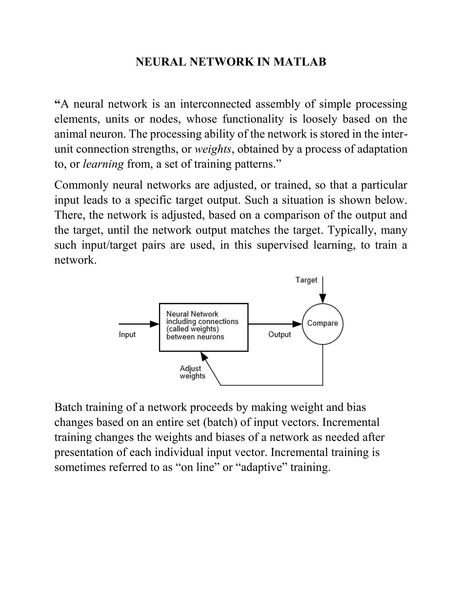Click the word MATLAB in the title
(x=300, y=62)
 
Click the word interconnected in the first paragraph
(x=215, y=104)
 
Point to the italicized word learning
(x=103, y=164)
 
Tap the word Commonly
(x=81, y=185)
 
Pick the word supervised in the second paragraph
(x=282, y=245)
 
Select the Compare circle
(x=322, y=324)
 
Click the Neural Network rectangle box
(x=204, y=327)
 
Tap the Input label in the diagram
(x=127, y=335)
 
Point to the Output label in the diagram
(x=280, y=335)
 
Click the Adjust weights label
(x=192, y=372)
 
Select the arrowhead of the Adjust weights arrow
(x=204, y=356)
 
